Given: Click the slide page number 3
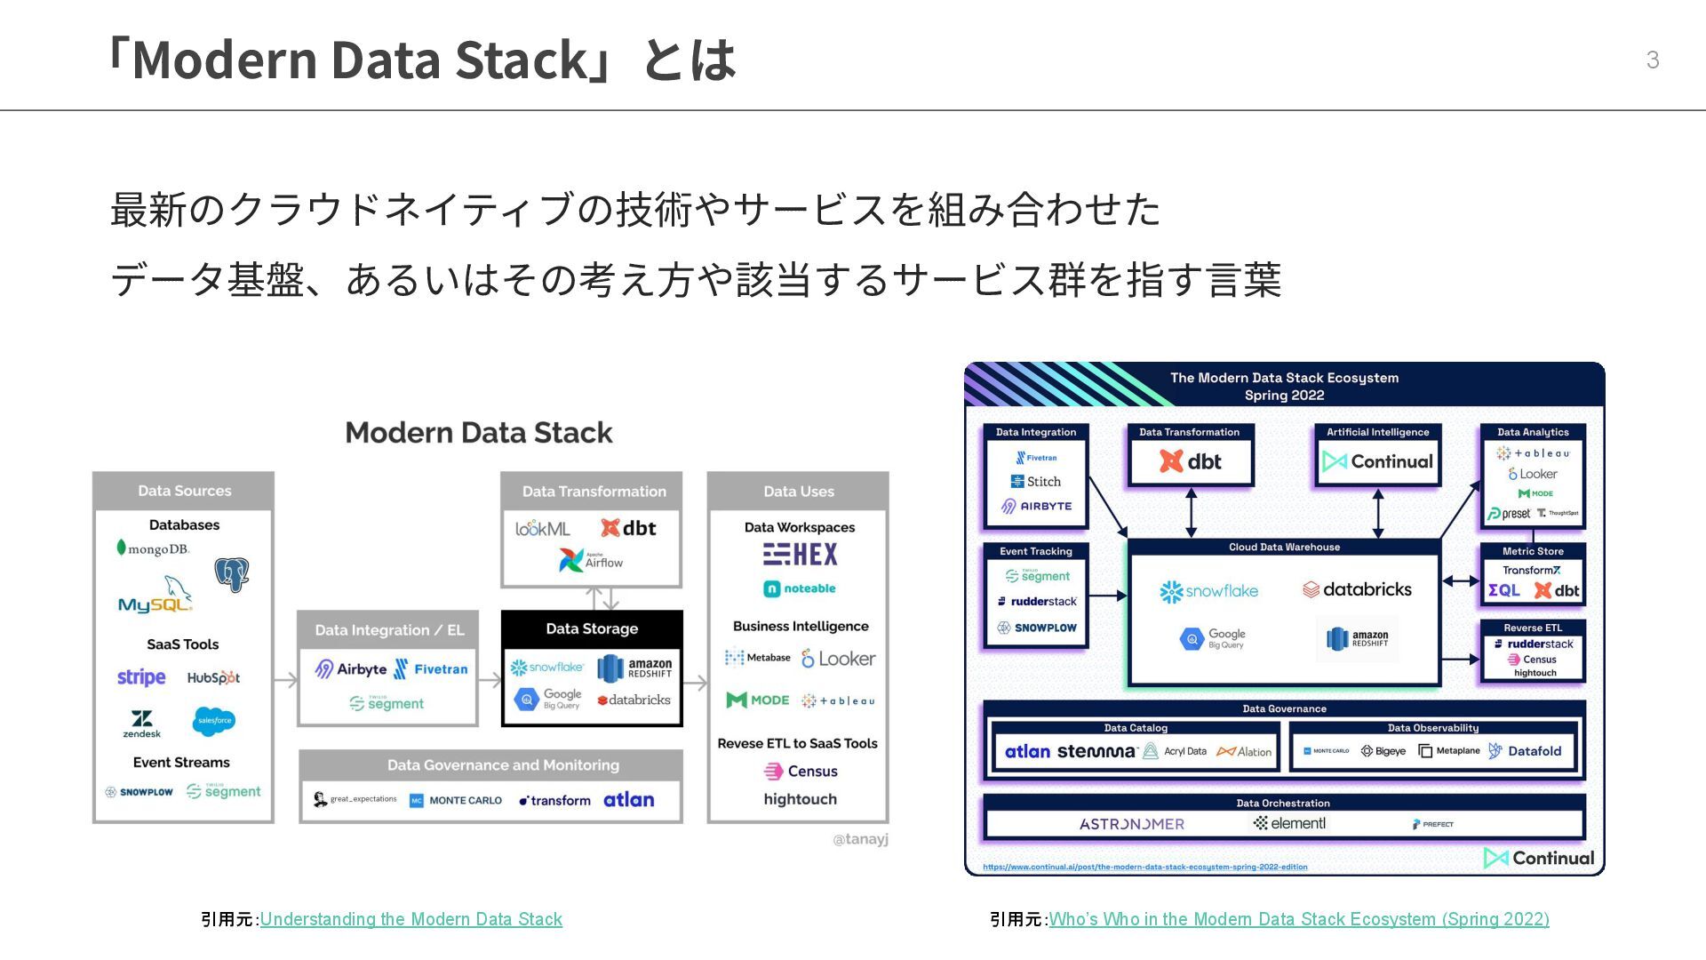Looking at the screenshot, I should tap(1652, 60).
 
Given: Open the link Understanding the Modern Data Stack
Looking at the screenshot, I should tap(411, 919).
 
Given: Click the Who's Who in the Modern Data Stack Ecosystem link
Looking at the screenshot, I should tap(1298, 919).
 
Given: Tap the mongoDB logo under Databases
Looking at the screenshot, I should tap(153, 548).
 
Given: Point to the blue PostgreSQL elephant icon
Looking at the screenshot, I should tap(231, 574).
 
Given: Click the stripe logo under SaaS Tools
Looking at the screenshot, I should tap(141, 677).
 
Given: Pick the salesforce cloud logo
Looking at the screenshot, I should tap(214, 720).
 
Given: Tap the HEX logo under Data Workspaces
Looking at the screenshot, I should tap(800, 555).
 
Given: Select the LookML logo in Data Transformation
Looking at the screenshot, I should tap(543, 529).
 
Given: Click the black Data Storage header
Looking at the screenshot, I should tap(592, 628).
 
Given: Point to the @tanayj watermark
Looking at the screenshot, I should tap(860, 839).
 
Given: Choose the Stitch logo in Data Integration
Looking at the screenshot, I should tap(1036, 482).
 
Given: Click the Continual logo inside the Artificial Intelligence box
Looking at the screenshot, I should tap(1377, 461).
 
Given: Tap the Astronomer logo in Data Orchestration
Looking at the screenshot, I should tap(1131, 824).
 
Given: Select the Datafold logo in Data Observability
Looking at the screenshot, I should tap(1525, 751).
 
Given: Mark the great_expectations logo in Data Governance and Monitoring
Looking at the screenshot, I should tap(355, 799).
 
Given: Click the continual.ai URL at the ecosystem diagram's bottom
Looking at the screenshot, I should tap(1144, 867).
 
